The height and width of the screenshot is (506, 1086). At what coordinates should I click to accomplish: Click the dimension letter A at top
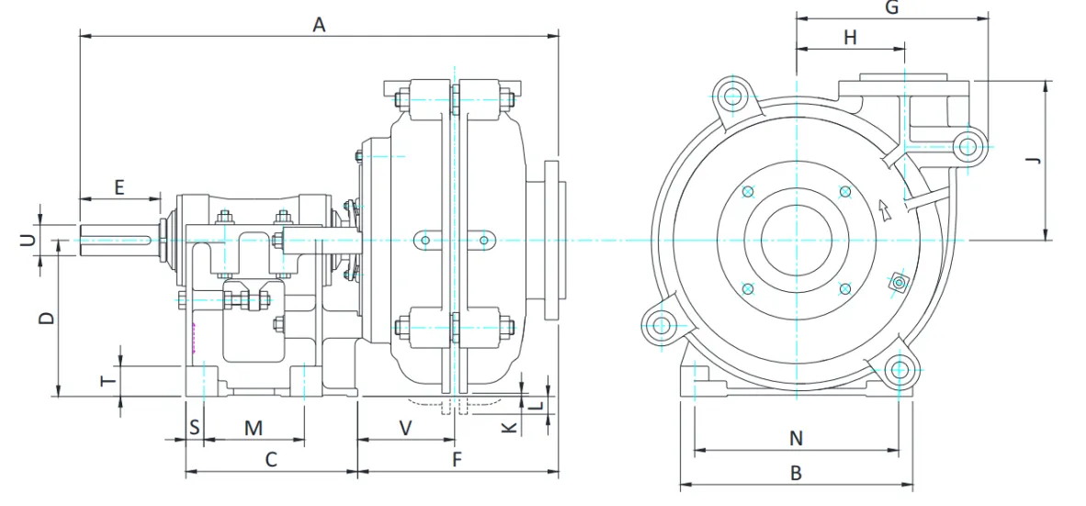(x=319, y=25)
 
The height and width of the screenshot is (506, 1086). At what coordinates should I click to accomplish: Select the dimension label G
(x=891, y=7)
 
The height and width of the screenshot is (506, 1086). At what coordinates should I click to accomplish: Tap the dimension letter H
(x=850, y=37)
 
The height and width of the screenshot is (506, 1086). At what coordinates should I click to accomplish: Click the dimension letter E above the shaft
(x=119, y=186)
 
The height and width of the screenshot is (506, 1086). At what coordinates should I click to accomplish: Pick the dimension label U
(x=28, y=240)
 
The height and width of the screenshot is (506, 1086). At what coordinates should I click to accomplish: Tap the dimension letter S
(x=194, y=427)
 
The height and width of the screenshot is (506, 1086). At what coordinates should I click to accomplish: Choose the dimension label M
(x=254, y=427)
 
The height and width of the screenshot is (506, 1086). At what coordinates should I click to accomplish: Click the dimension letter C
(x=271, y=460)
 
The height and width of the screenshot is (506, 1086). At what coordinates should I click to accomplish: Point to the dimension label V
(x=405, y=427)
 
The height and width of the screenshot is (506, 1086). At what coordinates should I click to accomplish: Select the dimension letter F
(x=457, y=460)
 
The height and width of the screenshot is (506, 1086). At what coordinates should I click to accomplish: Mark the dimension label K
(x=506, y=428)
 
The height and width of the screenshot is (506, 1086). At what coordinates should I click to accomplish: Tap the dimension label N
(x=796, y=438)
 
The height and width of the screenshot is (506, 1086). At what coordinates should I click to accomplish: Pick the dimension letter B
(x=796, y=473)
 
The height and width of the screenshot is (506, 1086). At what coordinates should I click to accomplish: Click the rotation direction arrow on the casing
(x=884, y=211)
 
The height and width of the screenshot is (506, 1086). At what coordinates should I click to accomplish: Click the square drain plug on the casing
(x=898, y=283)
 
